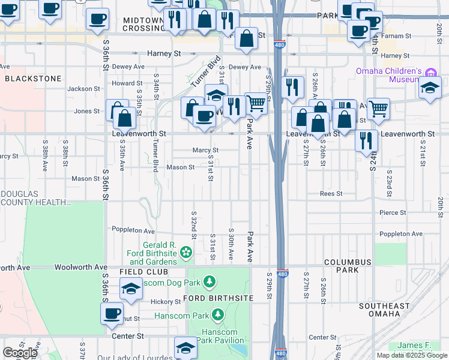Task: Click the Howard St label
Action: click(126, 83)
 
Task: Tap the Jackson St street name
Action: click(83, 89)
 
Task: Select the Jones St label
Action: click(87, 111)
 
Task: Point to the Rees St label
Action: click(331, 194)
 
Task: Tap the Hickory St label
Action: click(166, 302)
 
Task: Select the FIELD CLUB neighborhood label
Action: click(139, 272)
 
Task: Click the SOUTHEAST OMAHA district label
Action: click(384, 310)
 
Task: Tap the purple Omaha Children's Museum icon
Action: click(430, 73)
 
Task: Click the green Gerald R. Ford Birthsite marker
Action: click(186, 253)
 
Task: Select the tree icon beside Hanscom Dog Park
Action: click(209, 281)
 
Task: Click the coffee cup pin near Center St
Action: click(112, 313)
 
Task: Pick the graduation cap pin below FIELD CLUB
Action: click(131, 290)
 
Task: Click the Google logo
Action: click(20, 353)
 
